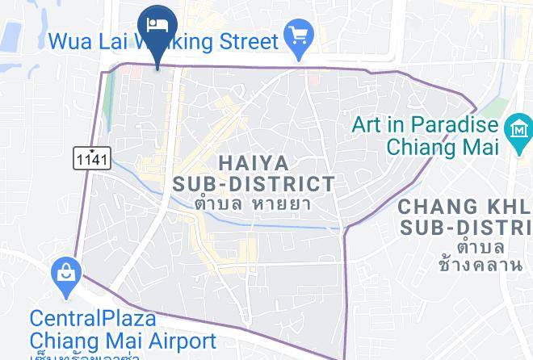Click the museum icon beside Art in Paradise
tap(517, 129)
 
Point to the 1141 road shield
tap(92, 157)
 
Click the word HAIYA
tap(254, 161)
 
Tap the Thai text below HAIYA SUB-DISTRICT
tap(253, 203)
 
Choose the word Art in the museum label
tap(367, 124)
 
